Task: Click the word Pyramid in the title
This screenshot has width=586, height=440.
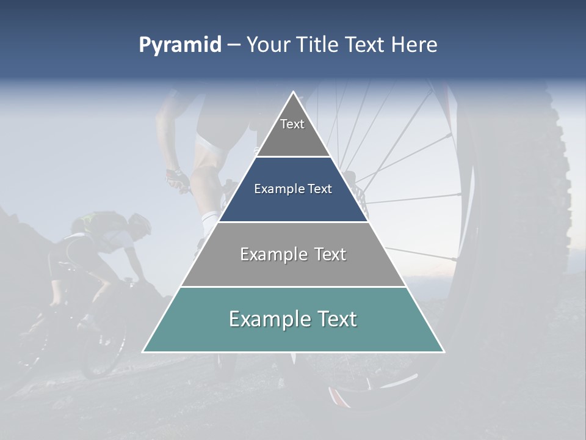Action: click(x=179, y=45)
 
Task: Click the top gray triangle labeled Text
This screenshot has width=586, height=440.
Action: click(x=293, y=131)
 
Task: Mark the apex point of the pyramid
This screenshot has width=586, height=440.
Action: click(x=293, y=92)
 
